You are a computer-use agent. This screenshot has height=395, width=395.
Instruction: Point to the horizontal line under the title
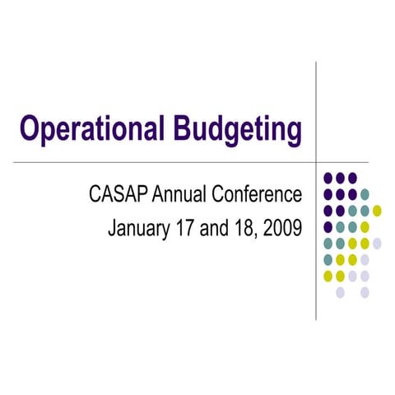click(165, 163)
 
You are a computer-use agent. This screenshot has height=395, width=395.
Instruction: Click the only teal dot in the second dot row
click(365, 194)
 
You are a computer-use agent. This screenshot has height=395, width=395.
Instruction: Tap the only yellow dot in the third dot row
click(377, 211)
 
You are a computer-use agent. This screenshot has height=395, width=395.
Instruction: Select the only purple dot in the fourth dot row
click(328, 227)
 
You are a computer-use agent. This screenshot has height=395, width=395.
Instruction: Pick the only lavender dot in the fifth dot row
click(377, 244)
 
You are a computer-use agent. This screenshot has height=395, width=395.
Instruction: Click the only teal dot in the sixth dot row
click(328, 260)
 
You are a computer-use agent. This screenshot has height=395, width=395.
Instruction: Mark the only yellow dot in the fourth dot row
click(365, 227)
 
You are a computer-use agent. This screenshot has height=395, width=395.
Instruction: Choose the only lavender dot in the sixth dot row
click(365, 260)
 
